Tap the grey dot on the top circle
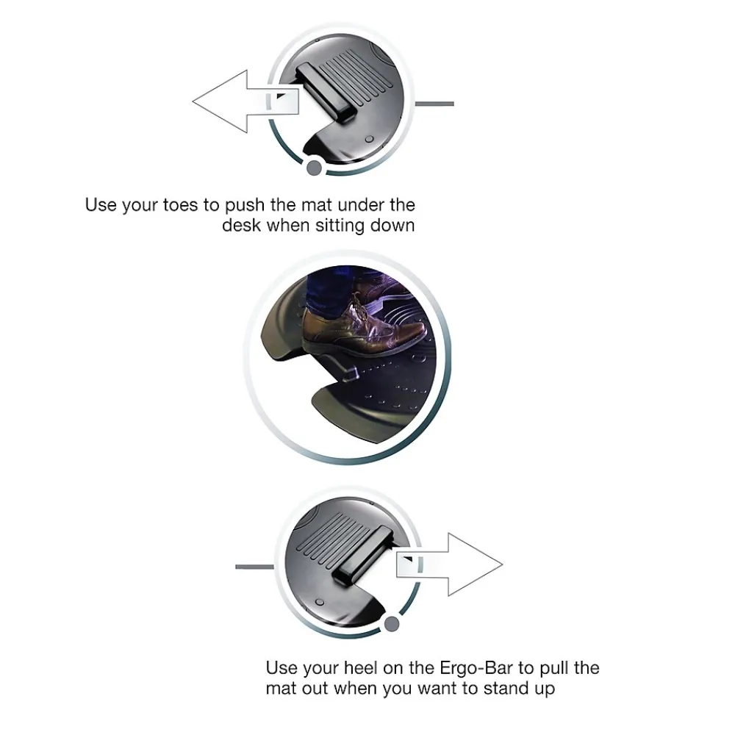[314, 168]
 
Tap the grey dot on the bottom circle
[392, 624]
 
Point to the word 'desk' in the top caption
[241, 226]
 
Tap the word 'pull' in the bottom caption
[553, 669]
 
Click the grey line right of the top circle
[434, 104]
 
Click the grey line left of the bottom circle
[254, 567]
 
